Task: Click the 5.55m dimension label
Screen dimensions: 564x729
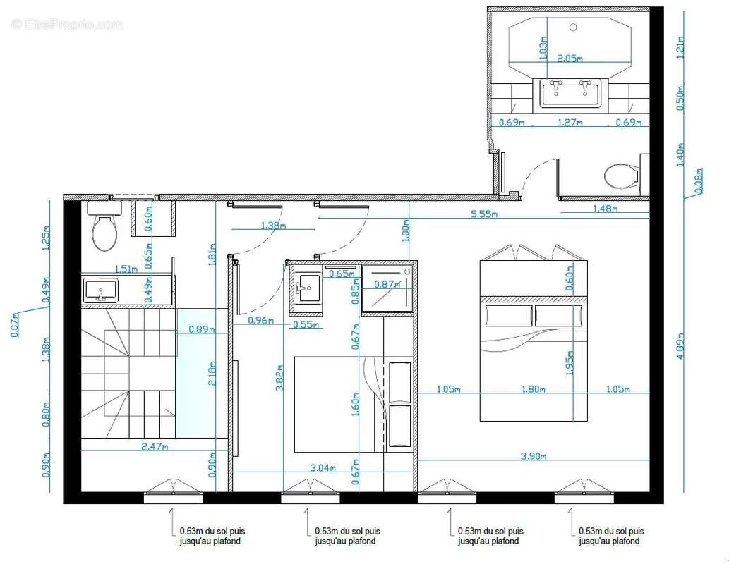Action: click(484, 214)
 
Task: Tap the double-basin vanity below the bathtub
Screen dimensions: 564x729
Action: click(570, 93)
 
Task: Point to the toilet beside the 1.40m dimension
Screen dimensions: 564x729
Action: click(622, 176)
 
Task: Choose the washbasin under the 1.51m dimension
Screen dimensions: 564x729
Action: click(102, 290)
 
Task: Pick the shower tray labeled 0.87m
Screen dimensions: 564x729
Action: click(386, 288)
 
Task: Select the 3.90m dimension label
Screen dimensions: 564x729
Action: click(534, 457)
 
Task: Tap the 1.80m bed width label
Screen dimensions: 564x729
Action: click(534, 388)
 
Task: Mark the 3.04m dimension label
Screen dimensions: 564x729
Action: click(322, 467)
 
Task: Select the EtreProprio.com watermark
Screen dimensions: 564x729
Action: click(67, 25)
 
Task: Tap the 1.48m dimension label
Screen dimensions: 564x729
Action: click(606, 209)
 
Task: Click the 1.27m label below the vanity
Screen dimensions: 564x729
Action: click(570, 123)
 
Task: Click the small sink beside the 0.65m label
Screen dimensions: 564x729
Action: click(307, 288)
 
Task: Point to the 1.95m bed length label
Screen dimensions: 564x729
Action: click(569, 361)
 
